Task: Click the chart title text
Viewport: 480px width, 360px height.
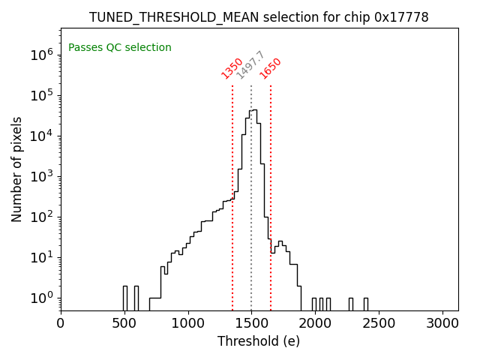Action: (259, 17)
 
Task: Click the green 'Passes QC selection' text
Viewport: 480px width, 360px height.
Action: (120, 48)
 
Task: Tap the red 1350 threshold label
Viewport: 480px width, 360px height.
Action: (232, 68)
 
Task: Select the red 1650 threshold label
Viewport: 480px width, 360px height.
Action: (271, 68)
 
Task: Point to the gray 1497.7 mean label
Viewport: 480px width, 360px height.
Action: (250, 65)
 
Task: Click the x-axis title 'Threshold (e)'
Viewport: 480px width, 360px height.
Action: (259, 341)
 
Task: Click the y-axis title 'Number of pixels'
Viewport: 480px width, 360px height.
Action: (17, 169)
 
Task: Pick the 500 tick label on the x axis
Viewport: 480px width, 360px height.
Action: (124, 324)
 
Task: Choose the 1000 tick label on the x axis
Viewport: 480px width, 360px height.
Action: (187, 324)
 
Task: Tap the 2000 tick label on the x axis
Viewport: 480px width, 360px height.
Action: (315, 324)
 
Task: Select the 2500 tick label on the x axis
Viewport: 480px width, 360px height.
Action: (379, 324)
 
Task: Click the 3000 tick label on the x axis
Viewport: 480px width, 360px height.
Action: (442, 324)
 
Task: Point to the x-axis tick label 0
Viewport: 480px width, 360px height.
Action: (61, 324)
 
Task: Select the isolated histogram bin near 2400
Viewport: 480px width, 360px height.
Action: (365, 304)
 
